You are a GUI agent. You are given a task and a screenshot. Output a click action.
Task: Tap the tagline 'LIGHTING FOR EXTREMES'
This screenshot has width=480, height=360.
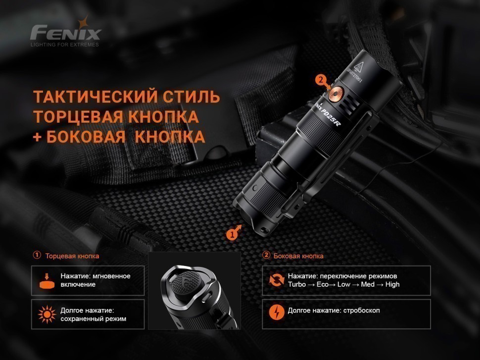65,45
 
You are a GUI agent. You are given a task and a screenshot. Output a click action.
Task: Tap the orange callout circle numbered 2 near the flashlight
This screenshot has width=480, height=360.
321,80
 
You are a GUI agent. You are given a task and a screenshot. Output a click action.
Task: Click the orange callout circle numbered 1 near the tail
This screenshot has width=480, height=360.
232,234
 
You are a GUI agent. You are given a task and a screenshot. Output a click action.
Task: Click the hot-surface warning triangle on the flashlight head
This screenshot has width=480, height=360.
359,66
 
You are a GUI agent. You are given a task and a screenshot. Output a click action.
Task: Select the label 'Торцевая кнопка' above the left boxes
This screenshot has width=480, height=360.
72,256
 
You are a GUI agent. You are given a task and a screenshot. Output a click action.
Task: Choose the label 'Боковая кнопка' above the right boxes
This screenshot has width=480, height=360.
298,256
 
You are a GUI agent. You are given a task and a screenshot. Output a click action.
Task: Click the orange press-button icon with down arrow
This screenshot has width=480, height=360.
47,281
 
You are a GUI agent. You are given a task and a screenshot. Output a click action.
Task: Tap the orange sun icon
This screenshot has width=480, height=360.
47,314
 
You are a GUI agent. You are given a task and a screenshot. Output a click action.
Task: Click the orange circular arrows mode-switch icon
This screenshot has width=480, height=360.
277,280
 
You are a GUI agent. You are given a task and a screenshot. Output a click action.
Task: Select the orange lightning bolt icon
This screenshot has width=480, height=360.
277,313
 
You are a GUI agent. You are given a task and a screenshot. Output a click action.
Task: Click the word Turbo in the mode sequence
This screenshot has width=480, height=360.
296,284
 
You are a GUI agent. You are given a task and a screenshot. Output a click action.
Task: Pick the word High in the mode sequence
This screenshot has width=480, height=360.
392,284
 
